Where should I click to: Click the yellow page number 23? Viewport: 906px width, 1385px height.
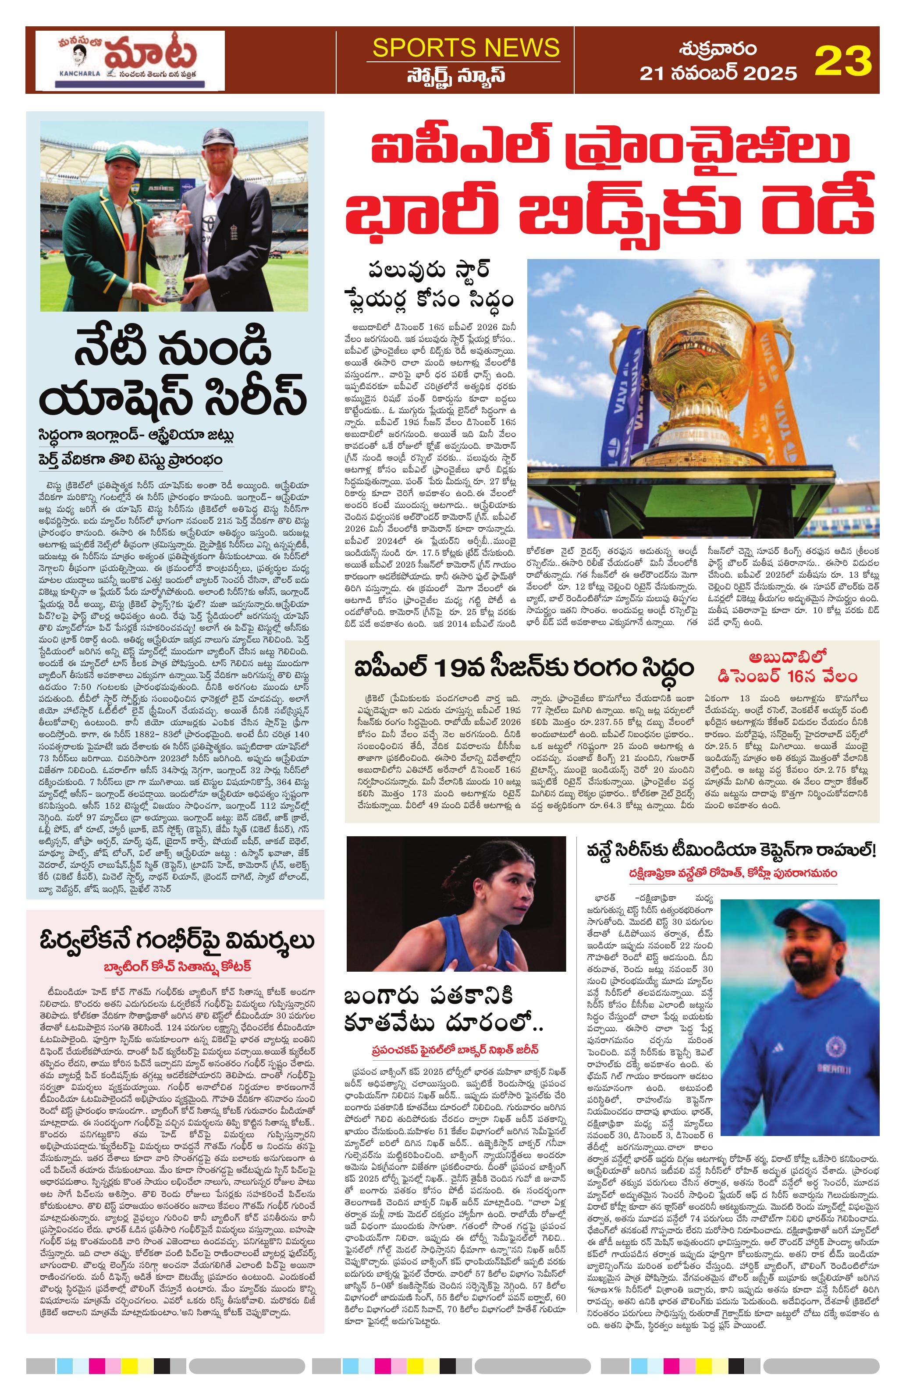(x=842, y=60)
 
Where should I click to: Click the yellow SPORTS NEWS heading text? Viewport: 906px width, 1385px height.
(x=465, y=48)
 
